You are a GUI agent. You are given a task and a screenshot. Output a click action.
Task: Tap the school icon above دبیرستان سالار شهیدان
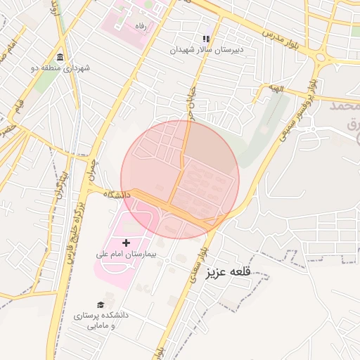[206, 39]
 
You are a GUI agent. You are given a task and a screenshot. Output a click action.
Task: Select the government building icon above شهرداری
[60, 57]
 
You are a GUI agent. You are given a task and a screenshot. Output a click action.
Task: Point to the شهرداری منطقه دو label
[60, 68]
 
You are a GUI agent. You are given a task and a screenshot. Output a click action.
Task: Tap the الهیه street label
[275, 88]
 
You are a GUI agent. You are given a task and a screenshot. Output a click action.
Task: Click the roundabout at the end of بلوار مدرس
[326, 58]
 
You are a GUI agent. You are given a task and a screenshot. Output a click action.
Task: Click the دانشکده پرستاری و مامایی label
[101, 321]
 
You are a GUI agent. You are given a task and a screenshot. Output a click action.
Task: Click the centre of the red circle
[180, 179]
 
